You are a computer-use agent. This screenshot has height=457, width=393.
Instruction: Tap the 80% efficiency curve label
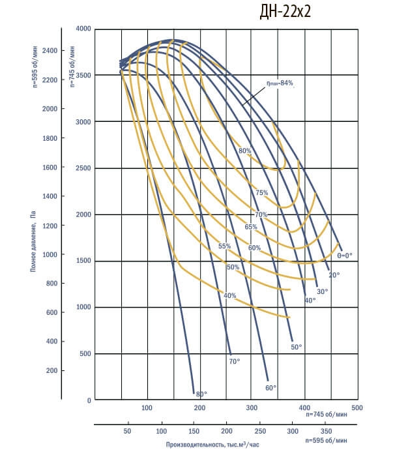click(x=245, y=151)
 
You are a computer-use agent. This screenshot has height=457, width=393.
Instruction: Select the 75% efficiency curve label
click(x=261, y=193)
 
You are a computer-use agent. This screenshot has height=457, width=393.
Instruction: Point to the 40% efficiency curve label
click(x=229, y=296)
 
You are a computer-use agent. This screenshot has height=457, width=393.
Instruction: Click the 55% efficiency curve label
click(x=225, y=246)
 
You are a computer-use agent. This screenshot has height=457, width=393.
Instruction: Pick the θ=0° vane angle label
click(x=344, y=256)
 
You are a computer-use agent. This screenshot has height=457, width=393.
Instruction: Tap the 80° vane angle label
click(x=201, y=394)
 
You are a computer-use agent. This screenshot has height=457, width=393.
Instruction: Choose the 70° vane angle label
click(x=235, y=361)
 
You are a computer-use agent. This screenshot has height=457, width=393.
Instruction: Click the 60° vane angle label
click(x=270, y=387)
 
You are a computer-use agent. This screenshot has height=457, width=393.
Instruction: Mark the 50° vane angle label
click(x=296, y=347)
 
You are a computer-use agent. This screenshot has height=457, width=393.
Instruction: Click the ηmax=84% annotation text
click(x=280, y=83)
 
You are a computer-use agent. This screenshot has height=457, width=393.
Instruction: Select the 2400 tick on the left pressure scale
click(x=50, y=50)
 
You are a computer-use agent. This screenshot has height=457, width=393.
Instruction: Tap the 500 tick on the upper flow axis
click(x=356, y=407)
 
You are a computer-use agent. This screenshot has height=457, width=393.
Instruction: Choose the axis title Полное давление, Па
click(x=32, y=241)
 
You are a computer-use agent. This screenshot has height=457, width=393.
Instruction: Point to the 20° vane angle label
click(x=334, y=276)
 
